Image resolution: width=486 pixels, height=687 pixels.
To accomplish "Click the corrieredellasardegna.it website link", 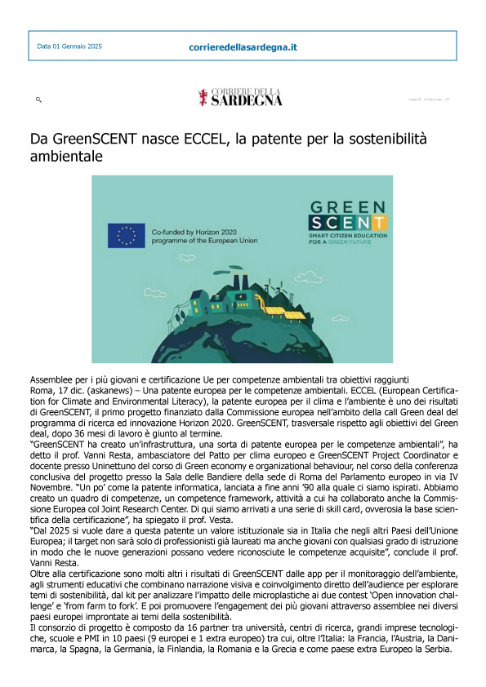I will [x=242, y=47].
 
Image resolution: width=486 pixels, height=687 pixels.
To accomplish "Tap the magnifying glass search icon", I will [x=38, y=99].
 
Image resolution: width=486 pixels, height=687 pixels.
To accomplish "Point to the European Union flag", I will [x=126, y=236].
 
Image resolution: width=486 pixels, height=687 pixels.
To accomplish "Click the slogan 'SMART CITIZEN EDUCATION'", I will [x=343, y=234].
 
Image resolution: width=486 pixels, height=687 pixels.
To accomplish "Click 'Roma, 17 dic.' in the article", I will [x=56, y=390].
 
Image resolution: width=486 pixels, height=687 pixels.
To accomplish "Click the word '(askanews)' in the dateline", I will [x=105, y=390].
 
